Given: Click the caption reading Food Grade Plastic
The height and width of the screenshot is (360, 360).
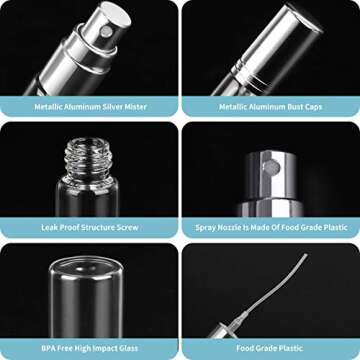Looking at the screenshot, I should click(x=270, y=350).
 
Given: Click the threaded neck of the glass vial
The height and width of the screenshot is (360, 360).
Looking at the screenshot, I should click(x=88, y=154).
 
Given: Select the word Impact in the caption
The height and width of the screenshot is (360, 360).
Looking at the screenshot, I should click(x=121, y=350).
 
